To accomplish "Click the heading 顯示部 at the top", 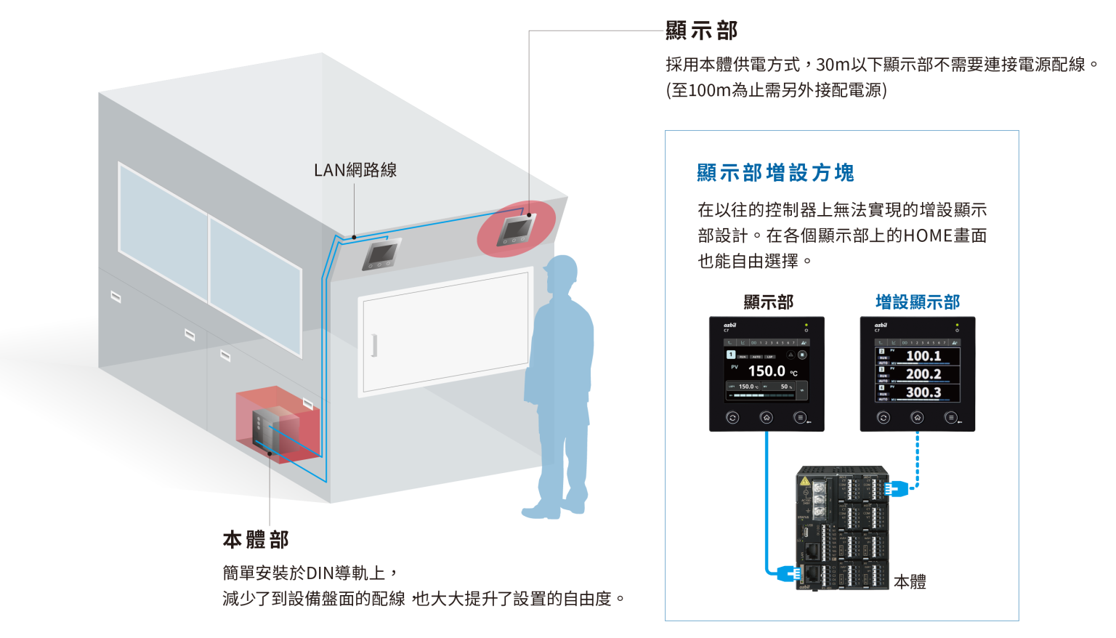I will pos(701,31).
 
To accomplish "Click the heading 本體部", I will pos(255,540).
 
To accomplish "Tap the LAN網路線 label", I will pos(355,170).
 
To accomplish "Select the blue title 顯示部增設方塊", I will pos(775,173).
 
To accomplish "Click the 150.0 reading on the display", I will pos(767,371).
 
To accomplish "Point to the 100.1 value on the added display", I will pos(923,356).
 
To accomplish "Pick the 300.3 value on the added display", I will pos(923,392).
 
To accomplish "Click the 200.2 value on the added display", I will pos(923,374).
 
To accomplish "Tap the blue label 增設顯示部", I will pos(918,302).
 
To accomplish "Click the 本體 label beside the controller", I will pos(910,581).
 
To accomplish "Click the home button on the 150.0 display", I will pos(767,417).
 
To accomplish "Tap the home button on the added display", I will pos(917,417).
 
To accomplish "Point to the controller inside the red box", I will pos(264,432).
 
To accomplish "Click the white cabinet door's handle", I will pos(374,345).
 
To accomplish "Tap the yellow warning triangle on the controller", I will pos(805,481).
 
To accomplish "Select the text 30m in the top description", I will pos(833,65).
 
